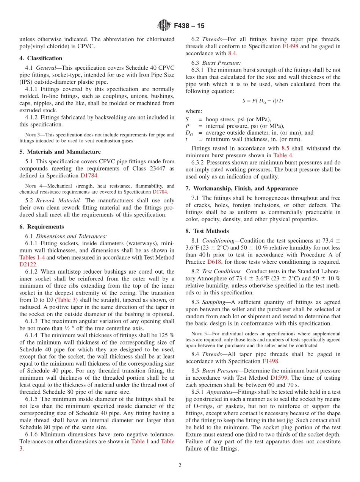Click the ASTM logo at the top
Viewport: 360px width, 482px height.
(164, 26)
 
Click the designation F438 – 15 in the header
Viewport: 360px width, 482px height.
(189, 26)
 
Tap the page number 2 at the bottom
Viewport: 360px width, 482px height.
(180, 465)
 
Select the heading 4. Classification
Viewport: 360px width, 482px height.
(41, 58)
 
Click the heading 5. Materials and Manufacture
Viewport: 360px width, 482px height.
(60, 152)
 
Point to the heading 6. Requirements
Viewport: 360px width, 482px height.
(42, 227)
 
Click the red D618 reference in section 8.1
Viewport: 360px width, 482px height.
(214, 262)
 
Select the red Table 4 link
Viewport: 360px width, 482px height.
(283, 155)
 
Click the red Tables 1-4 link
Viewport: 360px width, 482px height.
(32, 257)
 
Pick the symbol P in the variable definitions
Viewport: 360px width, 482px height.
(187, 126)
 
